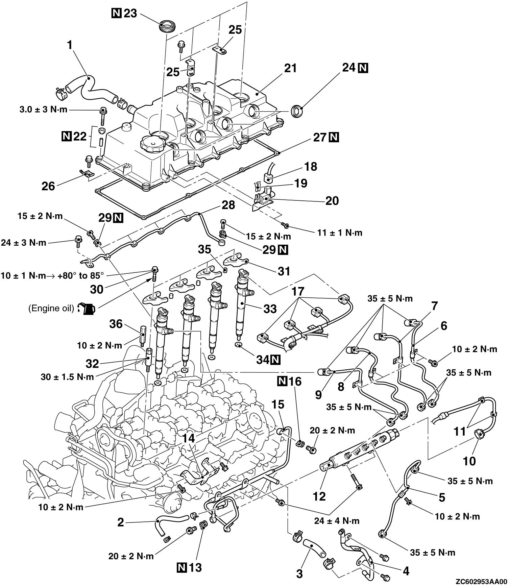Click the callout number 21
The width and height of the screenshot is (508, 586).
click(x=290, y=68)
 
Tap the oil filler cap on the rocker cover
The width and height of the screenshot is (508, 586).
click(x=153, y=143)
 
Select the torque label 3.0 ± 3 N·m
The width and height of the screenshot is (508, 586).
click(x=43, y=111)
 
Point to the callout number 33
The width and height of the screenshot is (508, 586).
click(x=269, y=309)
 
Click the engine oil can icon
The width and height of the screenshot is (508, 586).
click(x=87, y=308)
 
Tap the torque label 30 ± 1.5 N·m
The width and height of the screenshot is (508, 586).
click(x=67, y=376)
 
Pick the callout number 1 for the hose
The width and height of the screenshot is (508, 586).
click(x=70, y=45)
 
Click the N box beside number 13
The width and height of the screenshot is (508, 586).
click(x=182, y=567)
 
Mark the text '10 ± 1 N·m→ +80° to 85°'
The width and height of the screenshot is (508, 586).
click(x=51, y=275)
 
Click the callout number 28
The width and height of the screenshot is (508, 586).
click(x=228, y=205)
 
